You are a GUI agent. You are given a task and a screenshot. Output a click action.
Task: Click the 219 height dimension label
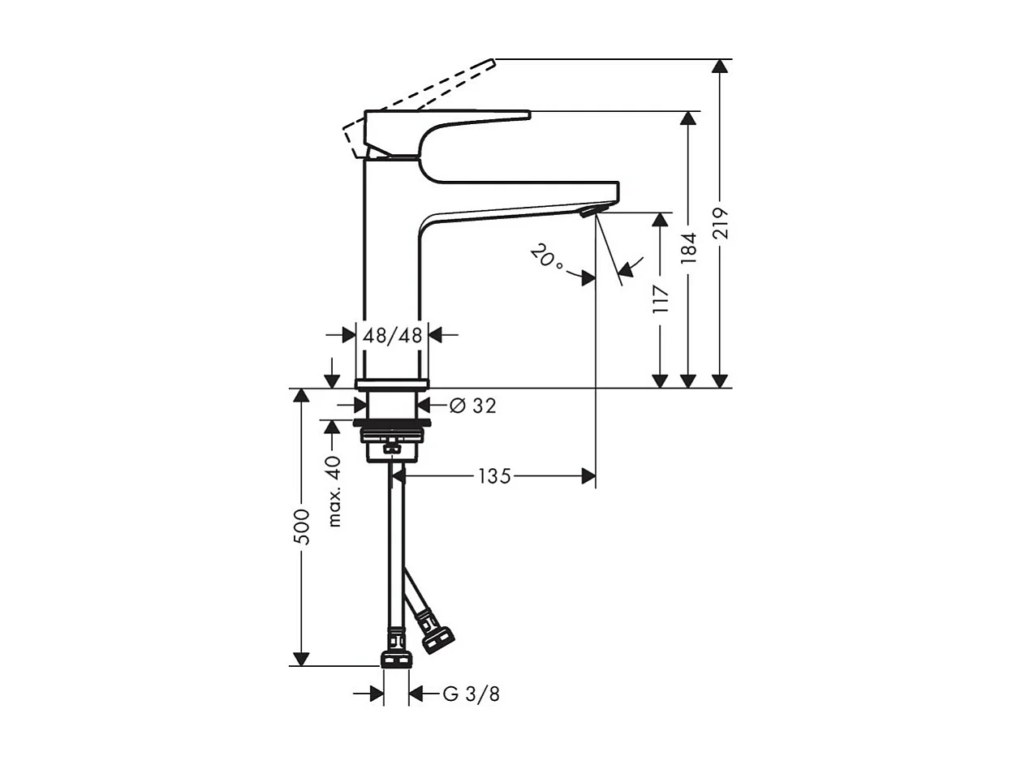[721, 223]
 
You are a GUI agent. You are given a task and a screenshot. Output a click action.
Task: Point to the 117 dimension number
[661, 300]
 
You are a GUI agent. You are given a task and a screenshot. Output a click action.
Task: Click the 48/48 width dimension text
[393, 334]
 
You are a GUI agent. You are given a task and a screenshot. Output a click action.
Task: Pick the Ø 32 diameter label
[472, 406]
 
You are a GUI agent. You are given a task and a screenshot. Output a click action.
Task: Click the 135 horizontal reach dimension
[494, 476]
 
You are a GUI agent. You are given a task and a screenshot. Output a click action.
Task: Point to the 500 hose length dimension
[302, 527]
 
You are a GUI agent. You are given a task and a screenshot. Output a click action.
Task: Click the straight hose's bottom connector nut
[395, 655]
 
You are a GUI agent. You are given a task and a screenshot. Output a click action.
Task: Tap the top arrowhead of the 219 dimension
[720, 67]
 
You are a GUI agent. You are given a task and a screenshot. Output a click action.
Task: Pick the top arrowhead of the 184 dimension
[688, 118]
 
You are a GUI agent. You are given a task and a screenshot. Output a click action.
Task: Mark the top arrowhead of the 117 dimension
[661, 220]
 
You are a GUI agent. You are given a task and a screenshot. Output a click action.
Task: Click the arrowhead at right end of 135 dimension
[588, 476]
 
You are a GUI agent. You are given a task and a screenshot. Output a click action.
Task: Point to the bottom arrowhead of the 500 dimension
[301, 659]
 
